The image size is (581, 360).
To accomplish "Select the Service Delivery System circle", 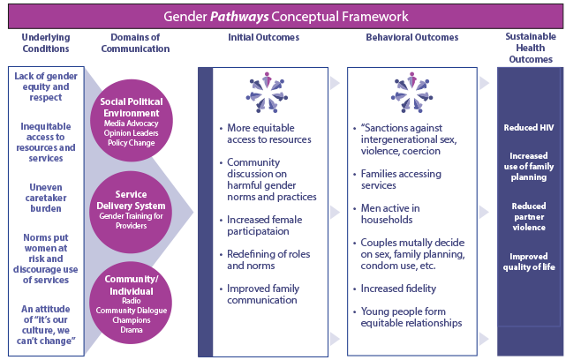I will point(131,209).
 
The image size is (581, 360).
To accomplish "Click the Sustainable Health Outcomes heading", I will point(530,49).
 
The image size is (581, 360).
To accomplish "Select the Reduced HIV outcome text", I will point(527,128).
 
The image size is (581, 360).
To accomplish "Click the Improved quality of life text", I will point(529,262).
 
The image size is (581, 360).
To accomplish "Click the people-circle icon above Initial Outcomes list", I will point(265,93).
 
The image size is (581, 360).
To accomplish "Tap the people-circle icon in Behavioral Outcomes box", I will point(411,93).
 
